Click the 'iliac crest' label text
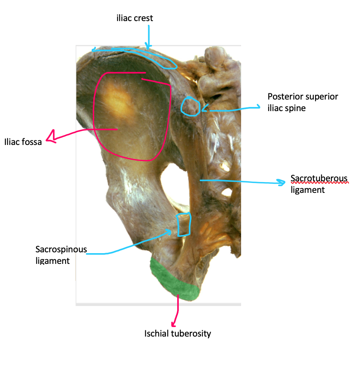[x=135, y=18]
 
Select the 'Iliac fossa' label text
[x=23, y=143]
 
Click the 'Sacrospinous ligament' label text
[x=61, y=255]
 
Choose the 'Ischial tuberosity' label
[x=178, y=333]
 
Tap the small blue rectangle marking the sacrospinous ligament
[x=184, y=224]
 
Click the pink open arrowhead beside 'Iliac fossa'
[x=51, y=138]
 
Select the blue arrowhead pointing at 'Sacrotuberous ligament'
[x=282, y=182]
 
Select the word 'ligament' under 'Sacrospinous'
[x=52, y=261]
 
